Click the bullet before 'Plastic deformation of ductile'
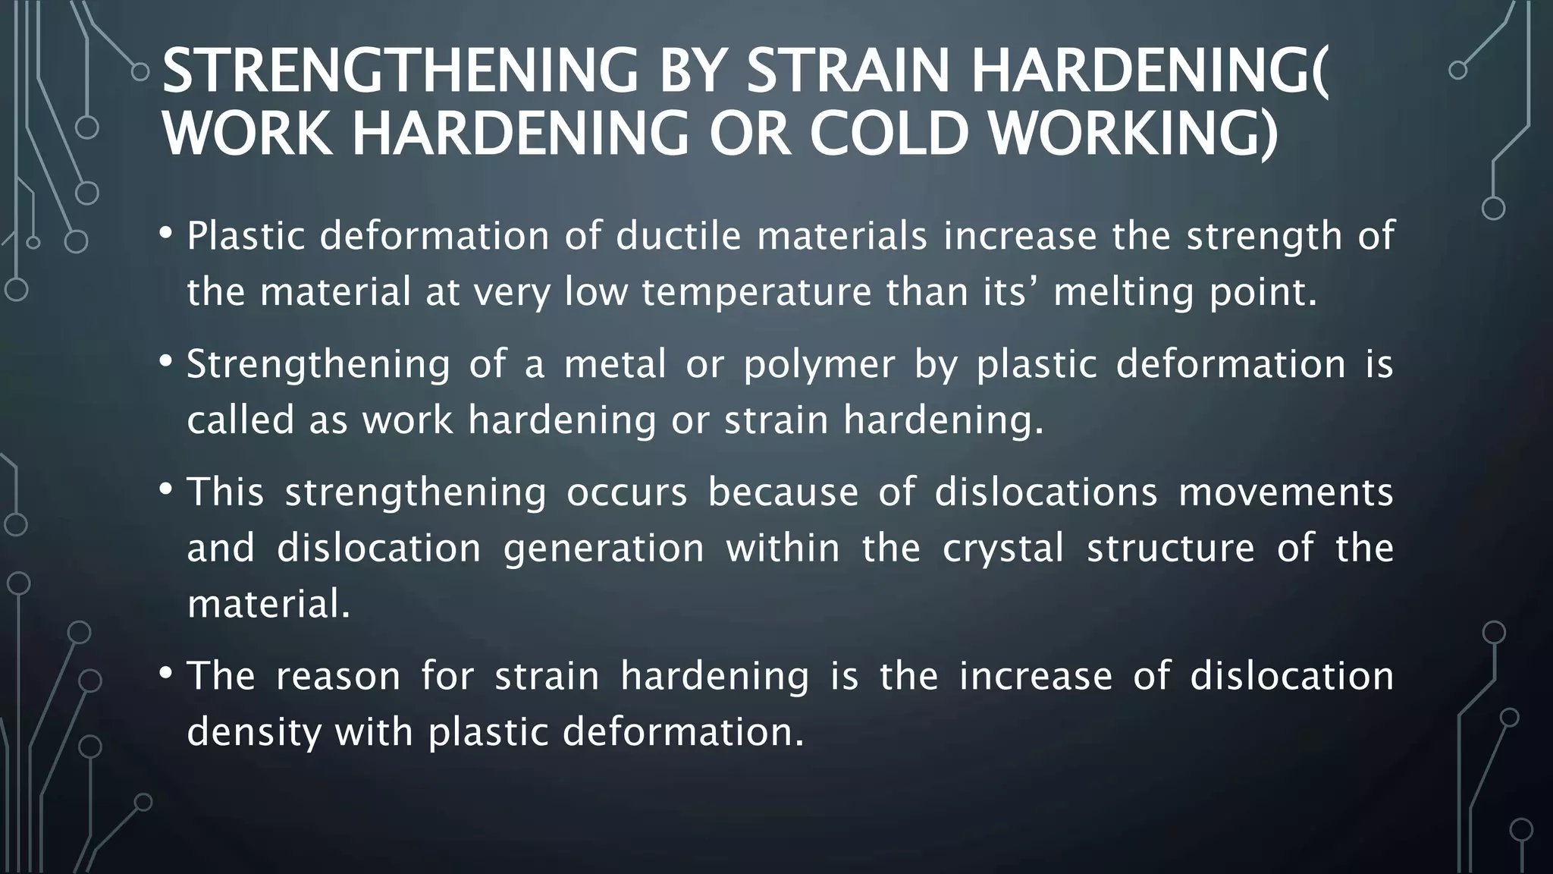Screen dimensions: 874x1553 [166, 232]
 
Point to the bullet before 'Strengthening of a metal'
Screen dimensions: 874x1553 [166, 360]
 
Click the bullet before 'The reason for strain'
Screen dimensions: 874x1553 [166, 672]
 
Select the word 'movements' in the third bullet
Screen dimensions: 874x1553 [1285, 492]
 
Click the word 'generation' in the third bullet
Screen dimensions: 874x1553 [604, 549]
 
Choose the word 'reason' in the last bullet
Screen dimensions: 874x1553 [337, 676]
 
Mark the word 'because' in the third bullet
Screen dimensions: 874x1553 [783, 492]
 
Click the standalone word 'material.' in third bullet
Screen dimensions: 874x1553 [268, 605]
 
